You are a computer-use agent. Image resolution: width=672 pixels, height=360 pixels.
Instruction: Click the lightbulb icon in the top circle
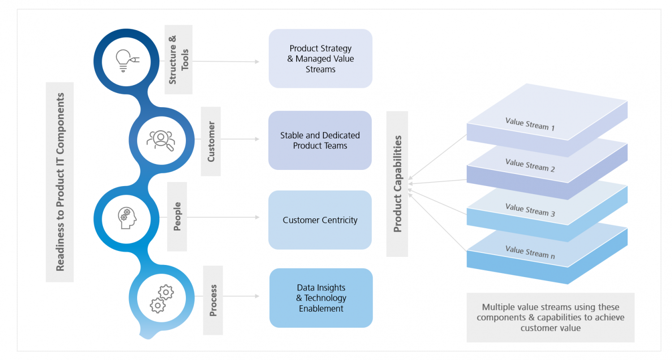[x=127, y=60]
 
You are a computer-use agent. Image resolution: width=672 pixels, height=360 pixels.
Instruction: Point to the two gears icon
[x=161, y=298]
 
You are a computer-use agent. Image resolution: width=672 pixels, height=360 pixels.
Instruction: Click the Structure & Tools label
[x=178, y=60]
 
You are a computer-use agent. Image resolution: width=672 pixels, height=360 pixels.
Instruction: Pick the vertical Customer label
[x=211, y=141]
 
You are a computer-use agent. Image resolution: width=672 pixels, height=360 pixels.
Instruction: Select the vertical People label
[x=177, y=217]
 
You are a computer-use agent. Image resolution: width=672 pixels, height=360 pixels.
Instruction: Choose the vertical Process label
[x=213, y=300]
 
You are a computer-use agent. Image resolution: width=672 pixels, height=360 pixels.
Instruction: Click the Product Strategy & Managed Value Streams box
[x=320, y=59]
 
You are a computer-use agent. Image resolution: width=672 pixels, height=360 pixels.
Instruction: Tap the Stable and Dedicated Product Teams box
[x=320, y=140]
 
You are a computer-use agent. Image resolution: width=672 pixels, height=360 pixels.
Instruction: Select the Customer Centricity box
[x=320, y=220]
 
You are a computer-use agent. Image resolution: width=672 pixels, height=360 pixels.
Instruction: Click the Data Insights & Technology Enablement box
[x=321, y=298]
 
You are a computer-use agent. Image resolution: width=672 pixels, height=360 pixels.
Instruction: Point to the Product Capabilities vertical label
[x=397, y=184]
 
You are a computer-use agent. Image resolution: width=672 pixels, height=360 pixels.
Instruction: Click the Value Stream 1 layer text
[x=530, y=124]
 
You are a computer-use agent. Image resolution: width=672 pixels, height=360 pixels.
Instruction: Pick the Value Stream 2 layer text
[x=530, y=165]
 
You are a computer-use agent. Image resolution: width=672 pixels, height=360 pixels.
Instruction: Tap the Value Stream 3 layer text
[x=530, y=209]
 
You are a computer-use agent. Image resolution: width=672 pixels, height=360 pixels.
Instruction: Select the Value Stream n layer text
[x=530, y=252]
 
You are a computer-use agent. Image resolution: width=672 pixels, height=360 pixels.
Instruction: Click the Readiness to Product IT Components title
[x=60, y=182]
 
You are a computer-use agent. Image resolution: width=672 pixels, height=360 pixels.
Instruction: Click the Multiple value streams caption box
[x=550, y=317]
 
